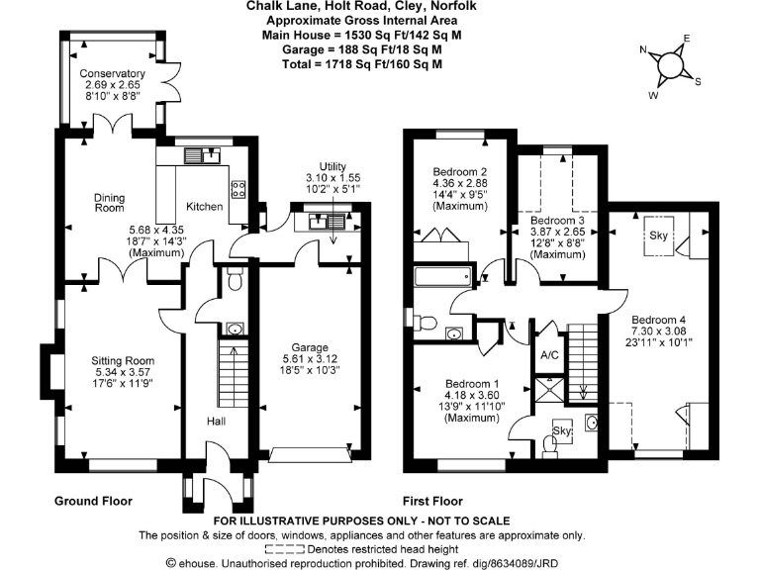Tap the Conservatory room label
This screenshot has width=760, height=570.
point(113,74)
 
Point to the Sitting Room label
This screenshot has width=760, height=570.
point(119,360)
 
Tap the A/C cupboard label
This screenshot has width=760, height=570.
point(550,355)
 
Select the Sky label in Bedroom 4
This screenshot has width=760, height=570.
point(659,236)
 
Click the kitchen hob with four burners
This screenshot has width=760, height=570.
point(238,189)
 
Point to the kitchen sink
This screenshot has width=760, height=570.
point(207,153)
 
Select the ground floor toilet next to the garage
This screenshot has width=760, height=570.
point(234,281)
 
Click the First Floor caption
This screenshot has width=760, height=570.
point(431,502)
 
